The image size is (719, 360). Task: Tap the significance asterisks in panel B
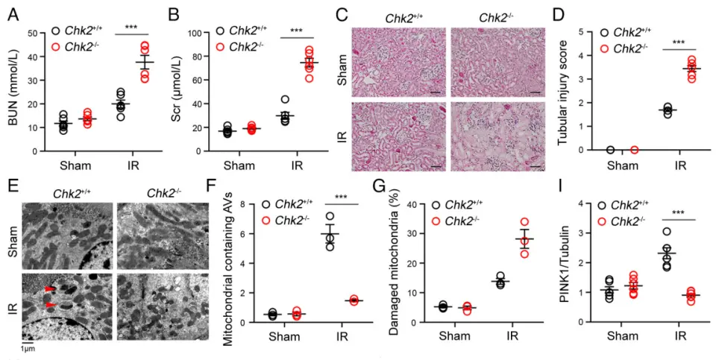[296, 31]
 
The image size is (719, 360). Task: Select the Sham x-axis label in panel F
[284, 335]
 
